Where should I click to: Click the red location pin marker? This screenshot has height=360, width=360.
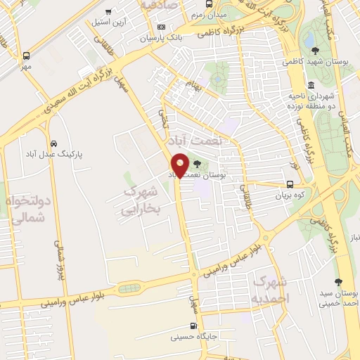pos(180,165)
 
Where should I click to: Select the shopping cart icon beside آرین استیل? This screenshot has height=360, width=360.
pos(108,11)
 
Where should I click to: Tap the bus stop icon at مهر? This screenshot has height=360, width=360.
pos(27,56)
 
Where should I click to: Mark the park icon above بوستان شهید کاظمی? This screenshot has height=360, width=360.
pos(315,51)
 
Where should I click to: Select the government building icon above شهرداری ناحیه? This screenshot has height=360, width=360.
pos(311,84)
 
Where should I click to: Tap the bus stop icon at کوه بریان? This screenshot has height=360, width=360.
pos(290,186)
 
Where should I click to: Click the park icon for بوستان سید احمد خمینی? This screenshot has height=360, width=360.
pos(338,281)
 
